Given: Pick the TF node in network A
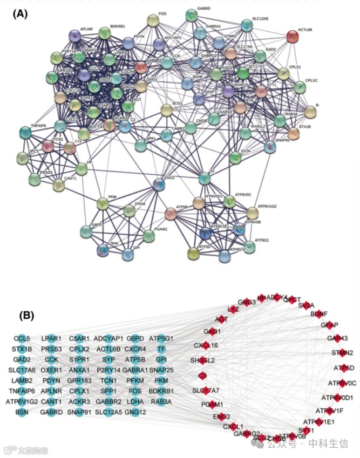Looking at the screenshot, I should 204,177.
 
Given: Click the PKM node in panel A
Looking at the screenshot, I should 103,204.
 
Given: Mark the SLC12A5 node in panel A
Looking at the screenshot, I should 246,24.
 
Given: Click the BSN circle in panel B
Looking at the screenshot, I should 22,412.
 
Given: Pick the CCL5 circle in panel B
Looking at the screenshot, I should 22,339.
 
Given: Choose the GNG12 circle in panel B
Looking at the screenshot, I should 134,412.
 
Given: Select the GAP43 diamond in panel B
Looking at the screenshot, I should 337,338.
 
